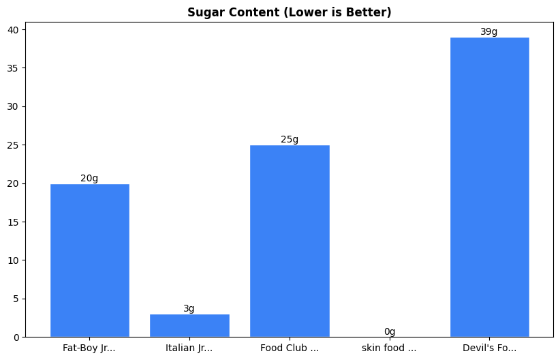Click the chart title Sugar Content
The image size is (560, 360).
tap(290, 12)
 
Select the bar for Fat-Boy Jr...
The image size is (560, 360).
tap(89, 260)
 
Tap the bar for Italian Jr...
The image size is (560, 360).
tap(189, 325)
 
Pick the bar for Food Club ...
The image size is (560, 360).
tap(290, 241)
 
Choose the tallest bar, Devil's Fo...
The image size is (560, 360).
tap(489, 187)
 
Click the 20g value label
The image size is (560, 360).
tap(89, 179)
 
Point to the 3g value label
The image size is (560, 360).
tap(189, 309)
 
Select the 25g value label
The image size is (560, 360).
tap(290, 140)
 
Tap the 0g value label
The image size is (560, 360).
tap(390, 332)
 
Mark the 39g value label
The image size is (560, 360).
tap(489, 32)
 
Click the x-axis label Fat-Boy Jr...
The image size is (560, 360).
tap(89, 348)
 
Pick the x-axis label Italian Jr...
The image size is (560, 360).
tap(189, 348)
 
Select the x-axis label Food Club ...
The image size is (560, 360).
tap(290, 348)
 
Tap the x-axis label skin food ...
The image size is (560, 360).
tap(390, 348)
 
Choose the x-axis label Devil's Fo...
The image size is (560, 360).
tap(489, 348)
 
